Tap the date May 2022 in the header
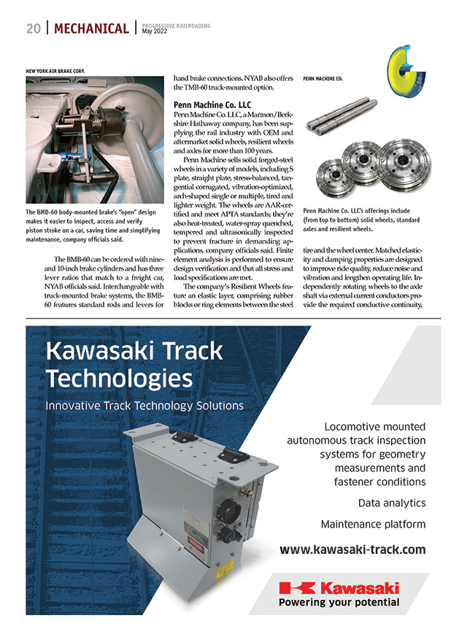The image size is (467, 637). [155, 32]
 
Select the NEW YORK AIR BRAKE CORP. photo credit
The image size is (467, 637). [55, 71]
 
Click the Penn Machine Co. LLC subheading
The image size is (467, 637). [211, 104]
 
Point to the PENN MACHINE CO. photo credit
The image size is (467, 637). [323, 77]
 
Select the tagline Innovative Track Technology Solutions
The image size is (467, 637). [144, 405]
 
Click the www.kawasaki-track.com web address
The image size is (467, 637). [352, 549]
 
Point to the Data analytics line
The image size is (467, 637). [391, 503]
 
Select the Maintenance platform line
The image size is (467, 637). [373, 524]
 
